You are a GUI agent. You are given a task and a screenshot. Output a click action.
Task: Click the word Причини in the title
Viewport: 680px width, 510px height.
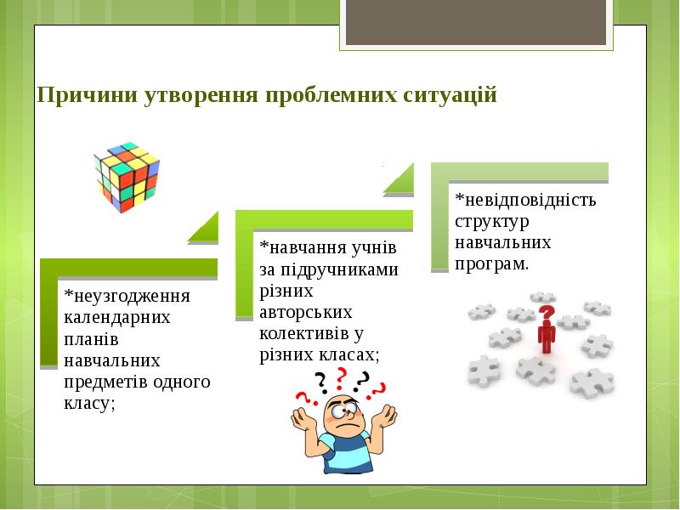pos(87,94)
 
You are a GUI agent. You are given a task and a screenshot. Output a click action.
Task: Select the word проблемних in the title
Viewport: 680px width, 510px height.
pos(331,95)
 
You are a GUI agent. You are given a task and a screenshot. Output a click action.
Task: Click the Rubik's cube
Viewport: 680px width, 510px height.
pos(127,178)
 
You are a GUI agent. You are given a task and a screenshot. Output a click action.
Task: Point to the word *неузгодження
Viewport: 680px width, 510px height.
pos(127,296)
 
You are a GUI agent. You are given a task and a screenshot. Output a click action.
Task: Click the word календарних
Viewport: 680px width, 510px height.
pos(117,317)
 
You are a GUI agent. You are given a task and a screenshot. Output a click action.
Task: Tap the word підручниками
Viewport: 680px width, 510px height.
pos(339,269)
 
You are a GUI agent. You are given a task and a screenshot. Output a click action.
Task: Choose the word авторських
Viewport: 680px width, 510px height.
pos(306,312)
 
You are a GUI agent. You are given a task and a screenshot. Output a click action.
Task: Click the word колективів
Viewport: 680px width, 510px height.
pos(304,333)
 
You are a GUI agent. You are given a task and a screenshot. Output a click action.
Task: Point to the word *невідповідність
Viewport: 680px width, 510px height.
pos(525,200)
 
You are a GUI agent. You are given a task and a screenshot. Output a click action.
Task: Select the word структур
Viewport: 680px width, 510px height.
pos(492,222)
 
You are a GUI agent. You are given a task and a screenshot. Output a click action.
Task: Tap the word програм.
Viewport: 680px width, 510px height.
pos(492,264)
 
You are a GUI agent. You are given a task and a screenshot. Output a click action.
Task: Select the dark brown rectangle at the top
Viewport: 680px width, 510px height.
pos(476,22)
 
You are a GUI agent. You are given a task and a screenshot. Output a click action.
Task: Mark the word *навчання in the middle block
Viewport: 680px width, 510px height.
pos(303,247)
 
